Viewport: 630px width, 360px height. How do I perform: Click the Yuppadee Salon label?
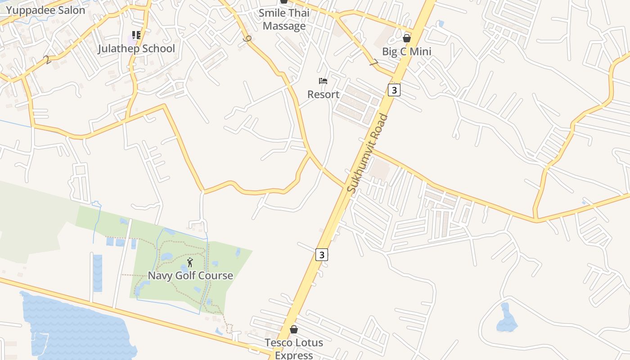(45, 10)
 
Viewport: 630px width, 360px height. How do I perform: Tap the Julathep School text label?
(136, 49)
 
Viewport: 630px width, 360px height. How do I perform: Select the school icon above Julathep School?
(136, 35)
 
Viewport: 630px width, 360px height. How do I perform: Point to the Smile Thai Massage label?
(284, 19)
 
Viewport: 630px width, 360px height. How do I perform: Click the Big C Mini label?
(407, 51)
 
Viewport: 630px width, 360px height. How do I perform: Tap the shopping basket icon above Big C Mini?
(407, 38)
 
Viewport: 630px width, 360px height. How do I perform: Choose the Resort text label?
(323, 94)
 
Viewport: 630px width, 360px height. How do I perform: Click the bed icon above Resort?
(323, 81)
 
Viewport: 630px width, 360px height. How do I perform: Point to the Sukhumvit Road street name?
(368, 153)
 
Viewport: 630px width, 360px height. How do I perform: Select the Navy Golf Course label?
(190, 275)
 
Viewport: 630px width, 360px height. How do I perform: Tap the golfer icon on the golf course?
(190, 262)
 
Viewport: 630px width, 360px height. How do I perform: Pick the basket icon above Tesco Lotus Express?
(294, 329)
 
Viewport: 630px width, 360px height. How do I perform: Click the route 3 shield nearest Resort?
(394, 90)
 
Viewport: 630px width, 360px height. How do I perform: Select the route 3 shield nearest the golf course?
(321, 255)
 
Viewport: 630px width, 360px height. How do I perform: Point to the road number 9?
(247, 39)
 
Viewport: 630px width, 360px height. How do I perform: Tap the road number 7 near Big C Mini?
(373, 63)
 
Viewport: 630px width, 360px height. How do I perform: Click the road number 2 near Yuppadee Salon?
(47, 59)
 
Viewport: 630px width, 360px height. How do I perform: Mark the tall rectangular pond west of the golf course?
(98, 273)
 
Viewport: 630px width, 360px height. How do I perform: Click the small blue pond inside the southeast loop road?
(507, 318)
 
